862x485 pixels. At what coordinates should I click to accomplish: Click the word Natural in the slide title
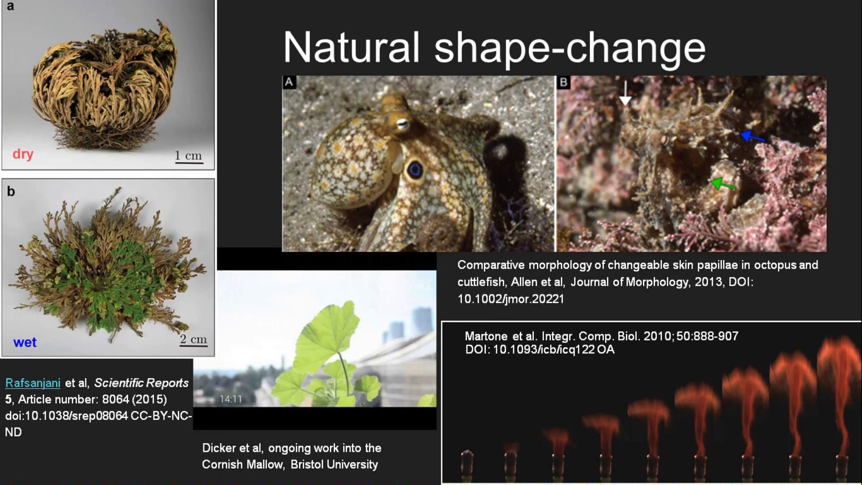point(352,47)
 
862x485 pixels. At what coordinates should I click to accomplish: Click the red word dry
point(23,154)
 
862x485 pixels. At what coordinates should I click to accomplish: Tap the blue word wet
point(25,342)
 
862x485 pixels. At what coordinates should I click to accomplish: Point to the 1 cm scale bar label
point(189,156)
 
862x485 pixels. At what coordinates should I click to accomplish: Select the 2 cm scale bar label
point(194,339)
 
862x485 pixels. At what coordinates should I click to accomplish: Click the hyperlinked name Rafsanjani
point(33,383)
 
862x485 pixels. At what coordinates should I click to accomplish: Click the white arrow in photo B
point(625,93)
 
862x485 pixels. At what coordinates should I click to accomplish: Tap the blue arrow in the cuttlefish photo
point(752,136)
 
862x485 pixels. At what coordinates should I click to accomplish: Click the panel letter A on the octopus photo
point(289,82)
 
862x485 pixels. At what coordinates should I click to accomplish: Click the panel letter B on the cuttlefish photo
point(563,82)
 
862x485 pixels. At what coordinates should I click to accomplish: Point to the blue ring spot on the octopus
point(414,170)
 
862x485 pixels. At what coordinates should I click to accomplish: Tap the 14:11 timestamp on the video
point(231,399)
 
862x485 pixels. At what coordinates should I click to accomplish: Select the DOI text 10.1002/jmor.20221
point(511,299)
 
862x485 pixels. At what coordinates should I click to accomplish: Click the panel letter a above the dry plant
point(10,7)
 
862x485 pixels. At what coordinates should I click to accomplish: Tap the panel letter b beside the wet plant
point(11,192)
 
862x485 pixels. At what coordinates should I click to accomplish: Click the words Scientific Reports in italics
point(141,383)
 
